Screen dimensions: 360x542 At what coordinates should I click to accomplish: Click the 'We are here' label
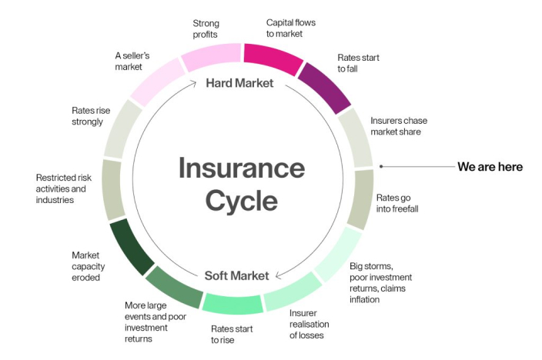[x=490, y=166]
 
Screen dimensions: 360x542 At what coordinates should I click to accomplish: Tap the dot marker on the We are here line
[x=380, y=166]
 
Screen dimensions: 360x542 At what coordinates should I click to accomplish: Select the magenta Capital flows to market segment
[x=273, y=58]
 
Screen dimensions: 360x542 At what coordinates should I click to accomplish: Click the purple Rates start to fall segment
[x=324, y=86]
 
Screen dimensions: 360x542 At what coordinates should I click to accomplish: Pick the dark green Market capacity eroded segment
[x=132, y=247]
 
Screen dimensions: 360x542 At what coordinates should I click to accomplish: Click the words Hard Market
[x=239, y=82]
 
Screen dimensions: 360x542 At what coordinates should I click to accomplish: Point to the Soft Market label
[x=236, y=275]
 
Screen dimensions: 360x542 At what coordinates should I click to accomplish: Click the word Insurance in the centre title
[x=242, y=168]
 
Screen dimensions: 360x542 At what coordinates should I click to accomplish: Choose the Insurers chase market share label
[x=399, y=126]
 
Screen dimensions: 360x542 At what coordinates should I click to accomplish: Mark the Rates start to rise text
[x=234, y=334]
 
